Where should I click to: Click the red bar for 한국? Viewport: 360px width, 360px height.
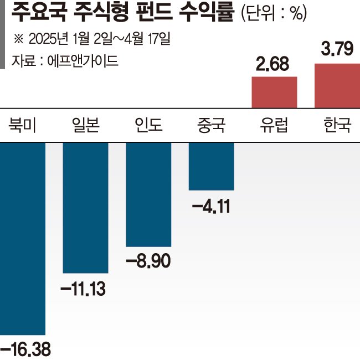point(337,86)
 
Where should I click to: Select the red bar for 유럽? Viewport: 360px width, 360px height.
point(275,92)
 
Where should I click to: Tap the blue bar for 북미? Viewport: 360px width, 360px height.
point(22,238)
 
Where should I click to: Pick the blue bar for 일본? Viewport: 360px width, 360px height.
point(85,207)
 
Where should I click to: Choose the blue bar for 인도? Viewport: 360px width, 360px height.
point(148,194)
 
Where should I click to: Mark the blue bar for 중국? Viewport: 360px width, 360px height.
point(212,166)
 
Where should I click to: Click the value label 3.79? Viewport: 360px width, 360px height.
point(337,51)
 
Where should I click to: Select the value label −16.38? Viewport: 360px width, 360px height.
point(25,349)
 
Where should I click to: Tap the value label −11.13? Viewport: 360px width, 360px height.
point(85,288)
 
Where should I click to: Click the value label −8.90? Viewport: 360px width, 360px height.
point(148,261)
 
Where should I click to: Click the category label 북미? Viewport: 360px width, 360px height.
point(22,126)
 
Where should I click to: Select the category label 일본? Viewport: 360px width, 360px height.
point(85,126)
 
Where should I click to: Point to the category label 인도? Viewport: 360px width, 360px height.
point(148,126)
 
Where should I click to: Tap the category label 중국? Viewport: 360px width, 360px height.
point(211,126)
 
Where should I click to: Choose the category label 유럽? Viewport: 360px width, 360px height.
point(275,126)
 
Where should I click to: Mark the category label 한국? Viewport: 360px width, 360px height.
point(337,126)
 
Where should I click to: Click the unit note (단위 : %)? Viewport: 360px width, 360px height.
point(274,14)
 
